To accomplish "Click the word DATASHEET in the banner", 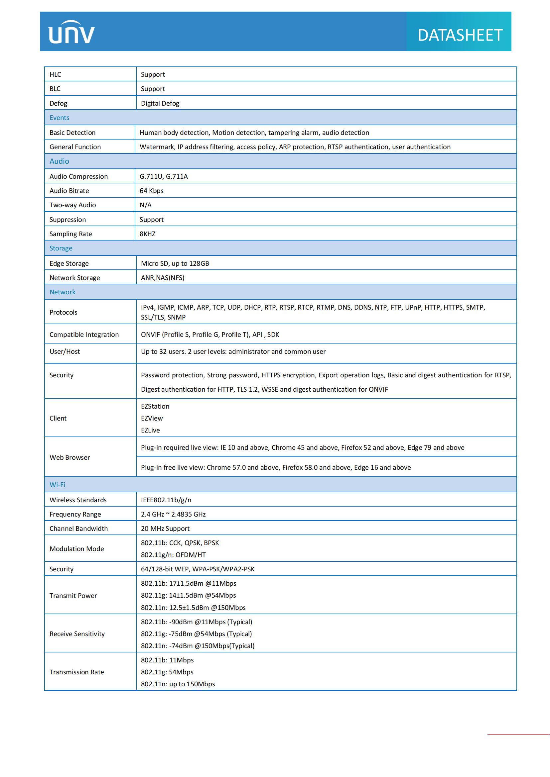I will [460, 35].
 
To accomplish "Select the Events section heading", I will [59, 118].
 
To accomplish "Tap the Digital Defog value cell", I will [160, 103].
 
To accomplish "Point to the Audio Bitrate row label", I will [69, 191].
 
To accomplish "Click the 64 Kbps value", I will [151, 191].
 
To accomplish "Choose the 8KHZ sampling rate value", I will [147, 234].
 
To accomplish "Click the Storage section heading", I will [61, 248].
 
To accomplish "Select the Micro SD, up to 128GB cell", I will [175, 263].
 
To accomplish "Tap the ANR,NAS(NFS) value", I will [163, 278].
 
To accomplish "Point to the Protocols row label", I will [63, 312].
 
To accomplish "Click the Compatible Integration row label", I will [84, 335].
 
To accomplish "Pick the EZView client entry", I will [152, 418].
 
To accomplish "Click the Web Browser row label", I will [70, 457].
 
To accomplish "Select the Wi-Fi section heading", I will [57, 485].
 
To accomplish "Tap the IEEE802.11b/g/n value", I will [166, 500].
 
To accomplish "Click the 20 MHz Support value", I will [165, 529].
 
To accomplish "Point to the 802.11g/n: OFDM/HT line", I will [173, 555].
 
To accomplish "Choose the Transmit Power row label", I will [73, 596].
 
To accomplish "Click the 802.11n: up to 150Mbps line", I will [178, 684].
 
